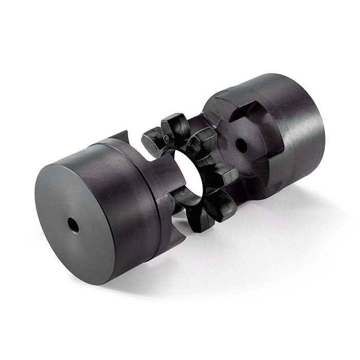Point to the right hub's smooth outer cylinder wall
(x=303, y=129)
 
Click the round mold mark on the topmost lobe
(x=170, y=139)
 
